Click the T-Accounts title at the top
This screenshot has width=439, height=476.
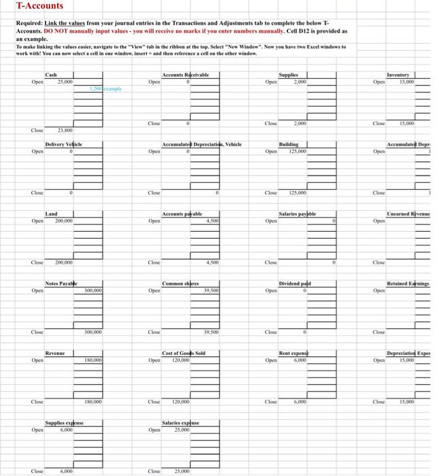click(x=39, y=6)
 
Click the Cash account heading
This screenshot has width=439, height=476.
click(x=51, y=75)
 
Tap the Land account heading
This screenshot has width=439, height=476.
click(x=52, y=214)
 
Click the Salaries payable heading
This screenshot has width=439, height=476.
click(x=298, y=214)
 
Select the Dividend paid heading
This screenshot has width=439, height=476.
click(x=296, y=284)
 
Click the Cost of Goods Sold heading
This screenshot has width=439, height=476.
click(x=184, y=354)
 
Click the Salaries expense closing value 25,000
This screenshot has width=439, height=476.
click(x=181, y=471)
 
